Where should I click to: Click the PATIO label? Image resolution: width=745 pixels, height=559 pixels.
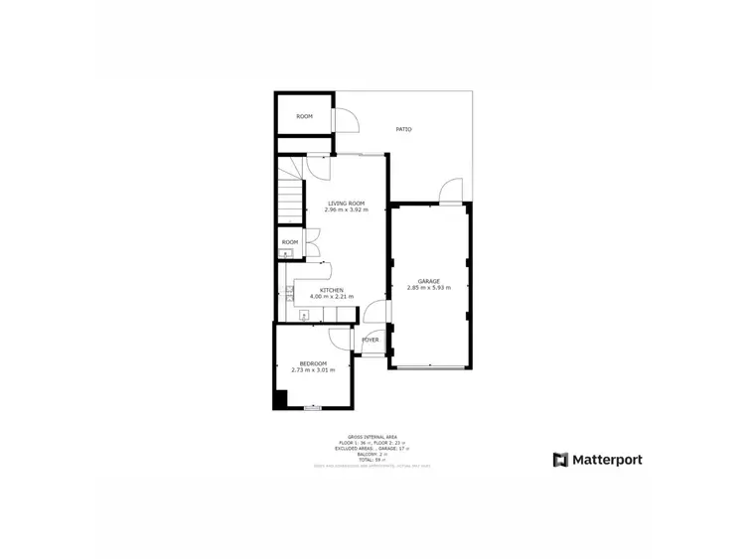(404, 129)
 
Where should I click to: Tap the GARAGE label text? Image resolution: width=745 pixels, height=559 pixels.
(429, 281)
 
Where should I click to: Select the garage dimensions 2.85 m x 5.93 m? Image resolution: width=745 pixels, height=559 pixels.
(429, 288)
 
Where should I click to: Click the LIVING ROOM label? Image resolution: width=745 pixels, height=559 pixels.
(348, 204)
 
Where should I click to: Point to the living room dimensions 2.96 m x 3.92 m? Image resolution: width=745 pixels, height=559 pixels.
(348, 210)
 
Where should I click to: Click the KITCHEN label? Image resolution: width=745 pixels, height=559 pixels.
(332, 290)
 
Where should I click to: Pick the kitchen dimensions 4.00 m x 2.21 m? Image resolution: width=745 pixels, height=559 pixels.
(332, 297)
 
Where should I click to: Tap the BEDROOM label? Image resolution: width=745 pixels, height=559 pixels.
(313, 363)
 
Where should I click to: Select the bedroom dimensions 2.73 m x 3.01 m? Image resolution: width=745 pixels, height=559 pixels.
(313, 370)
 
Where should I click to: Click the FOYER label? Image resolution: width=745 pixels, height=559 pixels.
(371, 340)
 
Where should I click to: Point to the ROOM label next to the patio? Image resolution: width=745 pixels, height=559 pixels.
(304, 116)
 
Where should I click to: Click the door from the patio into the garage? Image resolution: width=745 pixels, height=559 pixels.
(451, 190)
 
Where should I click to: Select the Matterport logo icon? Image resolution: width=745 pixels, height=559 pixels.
(561, 460)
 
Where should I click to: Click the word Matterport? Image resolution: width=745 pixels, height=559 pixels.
(607, 460)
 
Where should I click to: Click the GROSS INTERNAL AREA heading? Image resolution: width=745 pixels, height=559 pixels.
(372, 435)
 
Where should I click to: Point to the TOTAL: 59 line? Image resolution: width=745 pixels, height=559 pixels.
(372, 459)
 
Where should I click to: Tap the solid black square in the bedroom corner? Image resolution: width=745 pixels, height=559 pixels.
(281, 399)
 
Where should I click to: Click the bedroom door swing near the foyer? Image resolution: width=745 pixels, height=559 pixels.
(342, 339)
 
